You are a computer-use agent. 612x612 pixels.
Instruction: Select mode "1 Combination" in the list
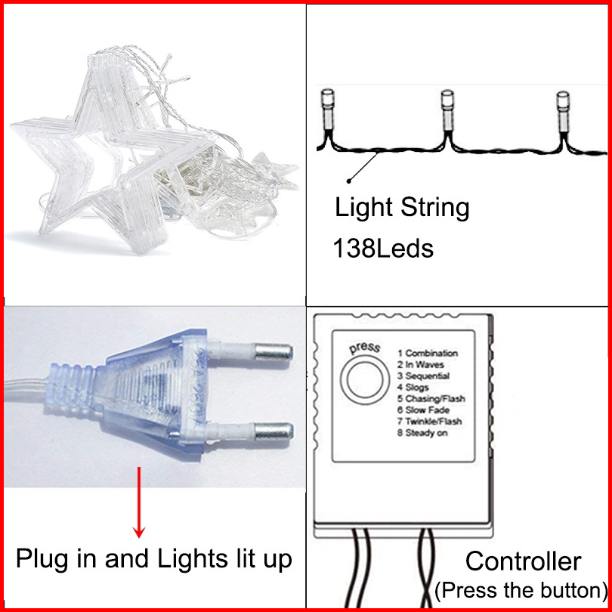[428, 353]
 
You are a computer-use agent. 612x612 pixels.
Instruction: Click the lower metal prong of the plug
[273, 434]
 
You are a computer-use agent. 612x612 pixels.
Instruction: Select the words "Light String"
[402, 207]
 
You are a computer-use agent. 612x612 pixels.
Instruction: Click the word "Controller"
[523, 561]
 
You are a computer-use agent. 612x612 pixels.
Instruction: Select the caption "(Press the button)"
[522, 589]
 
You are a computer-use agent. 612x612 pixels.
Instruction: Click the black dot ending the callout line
[348, 181]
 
